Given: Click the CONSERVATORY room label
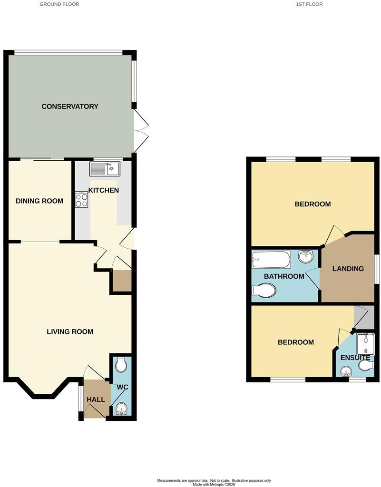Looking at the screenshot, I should coord(70,107).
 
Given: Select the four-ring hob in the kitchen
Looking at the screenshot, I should coord(81,200).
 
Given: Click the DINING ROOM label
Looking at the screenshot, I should coord(39,201).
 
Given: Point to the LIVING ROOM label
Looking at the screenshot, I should coord(70,331).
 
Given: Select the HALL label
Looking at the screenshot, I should coord(96,399).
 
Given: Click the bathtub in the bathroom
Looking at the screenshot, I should coord(271,260).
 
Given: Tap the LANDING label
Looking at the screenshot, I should coord(348,269).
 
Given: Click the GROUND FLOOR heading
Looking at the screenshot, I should coord(59,4).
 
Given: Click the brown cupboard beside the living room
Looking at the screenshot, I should coord(121,282).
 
